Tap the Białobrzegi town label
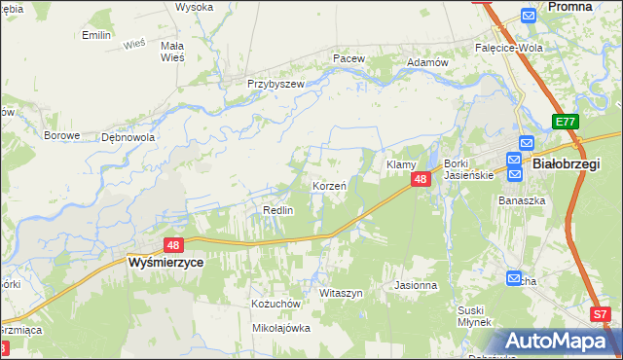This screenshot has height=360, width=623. tap(567, 164)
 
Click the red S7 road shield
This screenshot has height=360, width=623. tap(602, 314)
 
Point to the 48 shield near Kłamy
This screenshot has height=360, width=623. tap(421, 180)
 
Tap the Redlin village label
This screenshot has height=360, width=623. tap(279, 210)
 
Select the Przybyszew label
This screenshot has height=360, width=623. tap(275, 84)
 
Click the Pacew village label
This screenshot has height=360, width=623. tap(348, 58)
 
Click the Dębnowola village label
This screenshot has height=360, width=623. tap(128, 137)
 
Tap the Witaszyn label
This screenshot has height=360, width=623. tap(341, 293)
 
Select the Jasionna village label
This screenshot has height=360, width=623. tap(416, 286)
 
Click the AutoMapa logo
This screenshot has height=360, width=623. tap(558, 342)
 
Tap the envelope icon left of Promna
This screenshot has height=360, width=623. tap(529, 15)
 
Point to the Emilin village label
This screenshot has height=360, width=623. tap(96, 35)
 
